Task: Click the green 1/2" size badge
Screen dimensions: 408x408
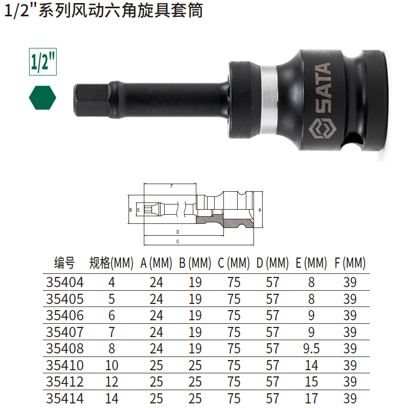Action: coord(42,62)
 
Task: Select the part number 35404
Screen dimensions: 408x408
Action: coord(64,282)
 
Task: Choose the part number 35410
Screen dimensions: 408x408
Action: coord(64,365)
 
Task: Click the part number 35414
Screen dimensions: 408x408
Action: coord(64,398)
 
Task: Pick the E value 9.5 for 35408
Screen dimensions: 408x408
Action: coord(311,348)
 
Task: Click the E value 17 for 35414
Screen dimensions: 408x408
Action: coord(311,398)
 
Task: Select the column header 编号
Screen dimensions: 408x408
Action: coord(64,263)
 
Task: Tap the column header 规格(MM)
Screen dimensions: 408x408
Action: coord(111,263)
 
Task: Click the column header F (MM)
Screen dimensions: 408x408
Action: coord(350,263)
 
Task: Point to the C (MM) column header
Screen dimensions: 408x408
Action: coord(234,263)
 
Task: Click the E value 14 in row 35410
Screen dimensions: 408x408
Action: coord(311,365)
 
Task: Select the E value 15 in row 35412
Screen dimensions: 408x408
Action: coord(311,381)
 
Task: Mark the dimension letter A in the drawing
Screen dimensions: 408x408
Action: coord(260,210)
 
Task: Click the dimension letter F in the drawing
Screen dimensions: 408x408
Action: coord(171,187)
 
